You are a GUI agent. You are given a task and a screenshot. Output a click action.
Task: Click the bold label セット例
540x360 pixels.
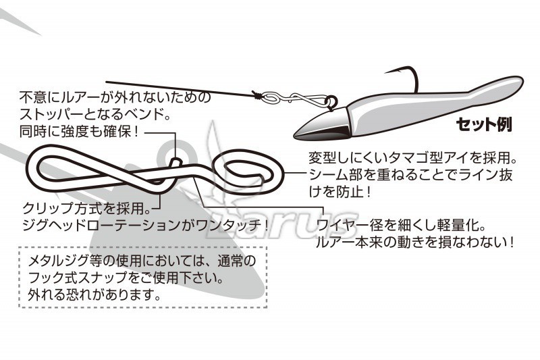coord(484,124)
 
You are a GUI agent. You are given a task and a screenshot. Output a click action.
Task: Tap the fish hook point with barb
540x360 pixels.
coord(386,72)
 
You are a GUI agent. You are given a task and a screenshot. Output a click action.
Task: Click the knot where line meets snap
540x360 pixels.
coord(256,95)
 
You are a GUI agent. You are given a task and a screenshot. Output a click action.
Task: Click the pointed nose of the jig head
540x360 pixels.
coord(296,136)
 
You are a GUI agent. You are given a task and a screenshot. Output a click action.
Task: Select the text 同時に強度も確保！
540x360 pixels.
coord(80,132)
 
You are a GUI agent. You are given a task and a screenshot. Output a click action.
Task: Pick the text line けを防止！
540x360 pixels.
coord(340,192)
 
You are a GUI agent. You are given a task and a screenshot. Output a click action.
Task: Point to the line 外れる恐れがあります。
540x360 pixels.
coord(94,294)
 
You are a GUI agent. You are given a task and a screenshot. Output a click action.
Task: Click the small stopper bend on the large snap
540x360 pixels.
coord(175,161)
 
